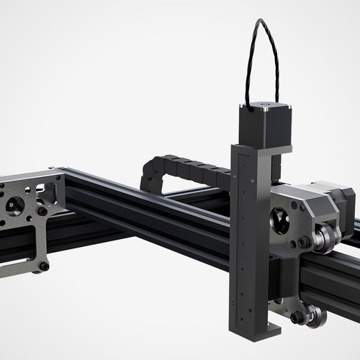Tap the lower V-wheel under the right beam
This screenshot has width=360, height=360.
pyautogui.click(x=314, y=315)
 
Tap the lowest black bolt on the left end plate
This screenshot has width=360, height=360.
pyautogui.click(x=44, y=266)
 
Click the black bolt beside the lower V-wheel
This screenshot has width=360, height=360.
pyautogui.click(x=296, y=317)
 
